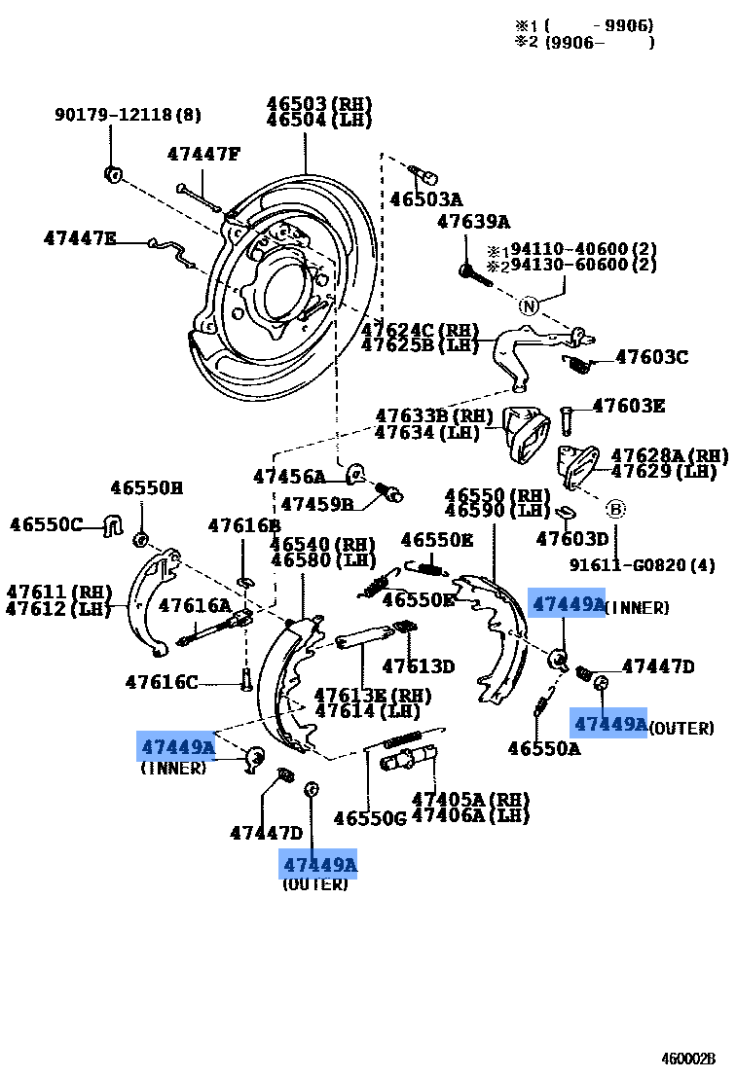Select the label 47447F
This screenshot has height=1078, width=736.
pos(202,154)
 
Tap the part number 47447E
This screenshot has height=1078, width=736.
pos(80,238)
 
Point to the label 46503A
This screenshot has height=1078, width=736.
pos(425,199)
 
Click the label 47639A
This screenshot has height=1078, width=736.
pos(473,222)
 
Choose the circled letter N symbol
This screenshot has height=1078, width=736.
pos(529,306)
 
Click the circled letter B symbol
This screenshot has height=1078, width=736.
pos(614,509)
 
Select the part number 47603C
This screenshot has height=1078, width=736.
pos(651,357)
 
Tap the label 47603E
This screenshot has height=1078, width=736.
pos(628,406)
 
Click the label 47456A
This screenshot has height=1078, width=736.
pos(289,476)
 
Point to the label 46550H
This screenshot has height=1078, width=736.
pos(146,487)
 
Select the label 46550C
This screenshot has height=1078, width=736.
pos(47,524)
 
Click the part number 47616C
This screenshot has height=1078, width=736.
pos(161,682)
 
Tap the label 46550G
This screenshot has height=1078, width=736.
pos(369,818)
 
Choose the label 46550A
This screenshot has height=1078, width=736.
pos(543,747)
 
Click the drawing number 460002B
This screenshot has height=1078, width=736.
pos(688,1059)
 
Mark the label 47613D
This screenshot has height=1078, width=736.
pos(418,666)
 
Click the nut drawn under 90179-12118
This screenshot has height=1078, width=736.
pos(111,174)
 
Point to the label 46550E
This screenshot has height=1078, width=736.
pos(437,539)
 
